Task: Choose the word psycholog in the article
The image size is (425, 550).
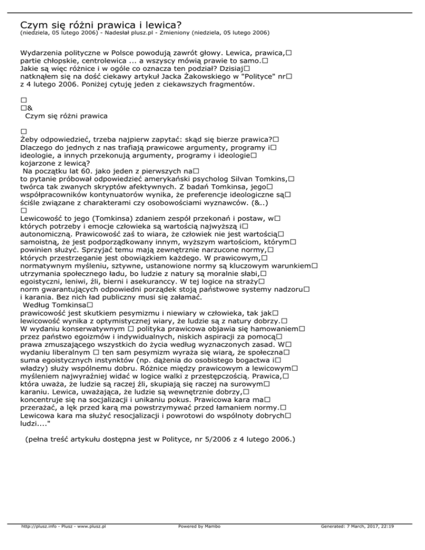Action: (x=208, y=179)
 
